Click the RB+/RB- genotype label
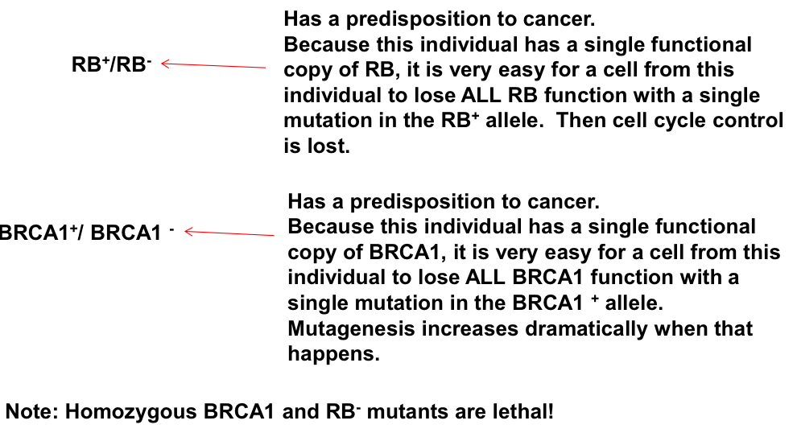112,64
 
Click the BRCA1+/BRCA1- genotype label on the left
86,233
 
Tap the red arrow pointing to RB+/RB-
213,65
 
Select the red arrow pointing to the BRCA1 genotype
229,233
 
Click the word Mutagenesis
351,329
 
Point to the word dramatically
586,329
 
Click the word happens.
333,354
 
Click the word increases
470,329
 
